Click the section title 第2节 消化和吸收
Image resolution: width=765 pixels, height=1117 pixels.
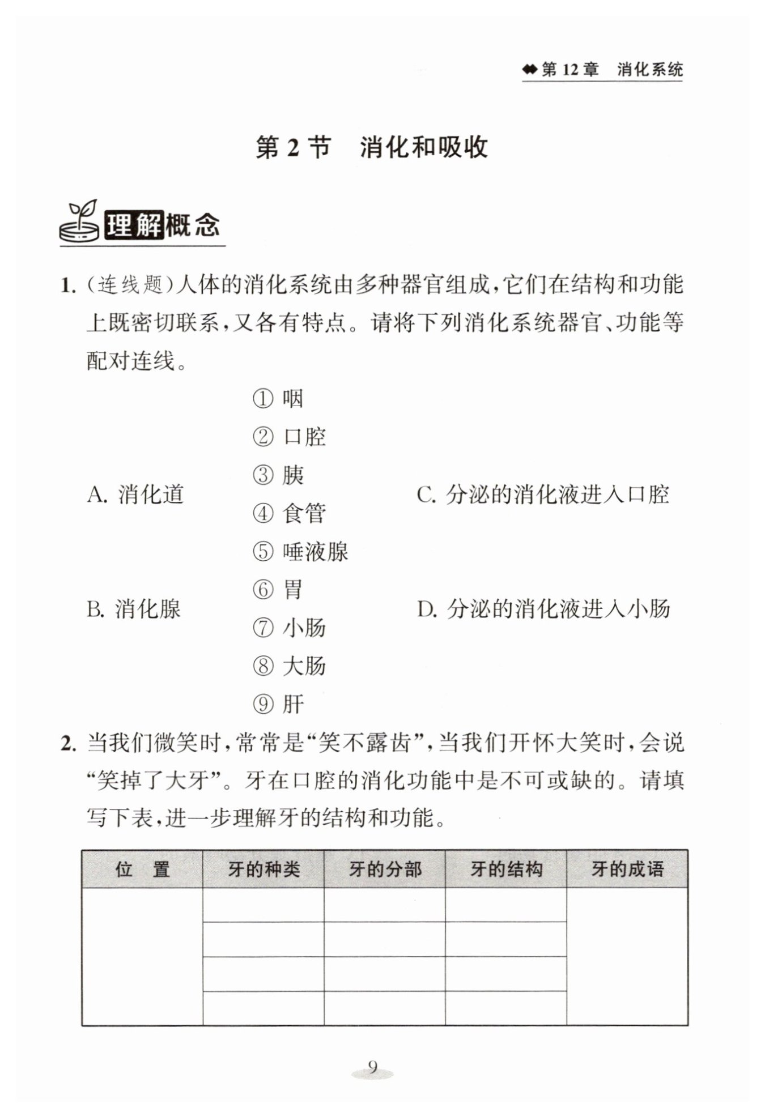(x=372, y=148)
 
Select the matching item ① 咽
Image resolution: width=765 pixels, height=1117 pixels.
(x=278, y=399)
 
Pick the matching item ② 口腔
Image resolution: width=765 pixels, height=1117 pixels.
(x=290, y=437)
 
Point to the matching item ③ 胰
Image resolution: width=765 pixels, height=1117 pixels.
(x=278, y=475)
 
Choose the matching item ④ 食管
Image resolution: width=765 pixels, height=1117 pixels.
(x=290, y=513)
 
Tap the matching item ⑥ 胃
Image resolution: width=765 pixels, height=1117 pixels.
(x=278, y=590)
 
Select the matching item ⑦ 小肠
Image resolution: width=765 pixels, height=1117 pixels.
(x=290, y=628)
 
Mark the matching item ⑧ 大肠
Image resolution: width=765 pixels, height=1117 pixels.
(x=290, y=666)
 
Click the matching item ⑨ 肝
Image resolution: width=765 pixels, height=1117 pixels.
(x=278, y=704)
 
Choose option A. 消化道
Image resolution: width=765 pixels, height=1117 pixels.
(x=136, y=494)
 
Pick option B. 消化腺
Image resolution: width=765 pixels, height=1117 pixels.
(x=134, y=609)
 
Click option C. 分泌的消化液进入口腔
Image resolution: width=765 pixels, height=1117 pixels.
(x=543, y=494)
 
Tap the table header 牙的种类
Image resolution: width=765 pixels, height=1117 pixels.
(x=263, y=869)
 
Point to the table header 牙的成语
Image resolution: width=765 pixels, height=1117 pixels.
(x=627, y=869)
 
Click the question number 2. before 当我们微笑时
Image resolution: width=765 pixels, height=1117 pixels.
(x=68, y=744)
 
